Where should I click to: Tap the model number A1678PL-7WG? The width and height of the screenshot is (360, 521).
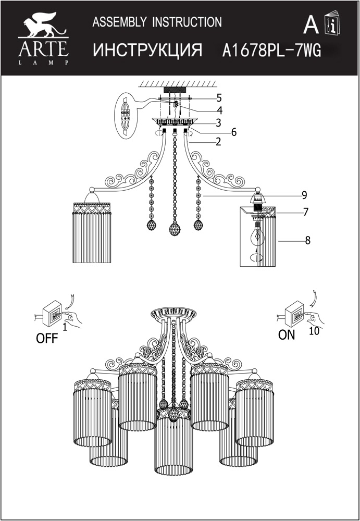(x=271, y=51)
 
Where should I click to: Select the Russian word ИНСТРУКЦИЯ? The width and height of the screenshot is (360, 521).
(x=147, y=51)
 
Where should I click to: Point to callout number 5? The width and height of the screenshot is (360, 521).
(x=219, y=98)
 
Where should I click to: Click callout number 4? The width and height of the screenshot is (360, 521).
(x=219, y=110)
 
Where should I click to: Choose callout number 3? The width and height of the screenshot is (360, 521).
(x=218, y=123)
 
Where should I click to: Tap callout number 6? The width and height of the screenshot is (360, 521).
(x=234, y=132)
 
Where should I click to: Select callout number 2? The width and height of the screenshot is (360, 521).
(x=218, y=142)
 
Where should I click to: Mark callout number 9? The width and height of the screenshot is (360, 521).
(x=304, y=195)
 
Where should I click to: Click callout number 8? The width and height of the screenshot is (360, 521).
(x=307, y=240)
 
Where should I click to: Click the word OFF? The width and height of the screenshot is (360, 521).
(x=46, y=339)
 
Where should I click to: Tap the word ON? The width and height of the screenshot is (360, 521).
(x=287, y=335)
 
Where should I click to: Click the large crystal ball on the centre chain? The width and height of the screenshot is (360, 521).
(x=175, y=229)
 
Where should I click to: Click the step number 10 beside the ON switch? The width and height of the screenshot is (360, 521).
(x=314, y=331)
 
